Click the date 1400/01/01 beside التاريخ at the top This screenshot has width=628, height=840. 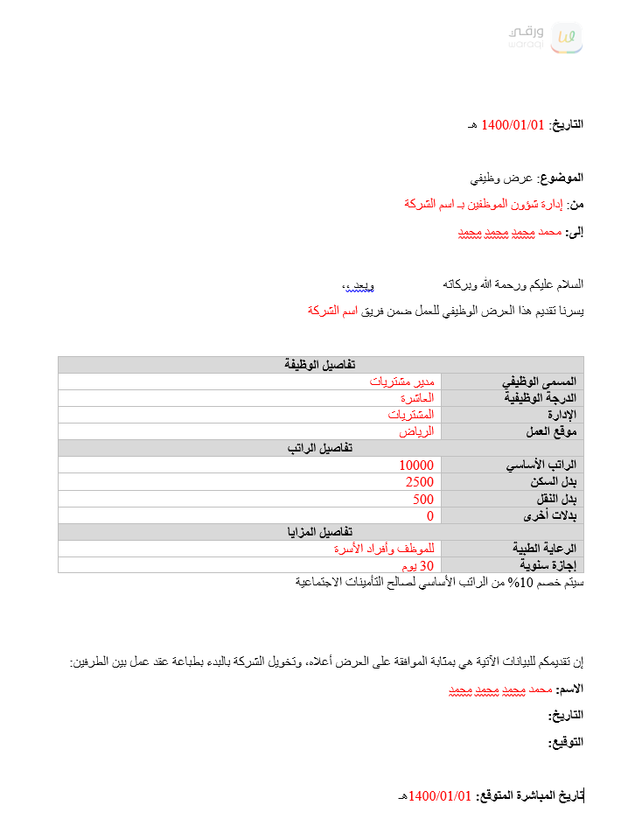[x=513, y=125]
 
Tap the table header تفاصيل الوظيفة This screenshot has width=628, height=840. [x=320, y=365]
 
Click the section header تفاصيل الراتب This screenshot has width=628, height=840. [x=320, y=448]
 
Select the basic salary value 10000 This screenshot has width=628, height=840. [x=416, y=465]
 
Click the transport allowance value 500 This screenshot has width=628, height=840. [x=423, y=499]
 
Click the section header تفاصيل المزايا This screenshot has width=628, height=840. [x=320, y=532]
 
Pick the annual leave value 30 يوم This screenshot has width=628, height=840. [x=415, y=565]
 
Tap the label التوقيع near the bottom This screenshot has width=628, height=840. [x=565, y=742]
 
